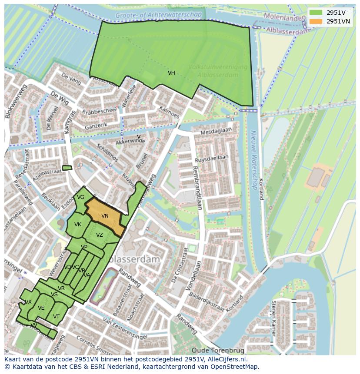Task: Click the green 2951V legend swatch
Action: [316, 13]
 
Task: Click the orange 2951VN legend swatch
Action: [316, 21]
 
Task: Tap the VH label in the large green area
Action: [171, 73]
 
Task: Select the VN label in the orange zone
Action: [105, 215]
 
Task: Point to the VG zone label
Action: [80, 197]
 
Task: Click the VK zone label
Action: [78, 225]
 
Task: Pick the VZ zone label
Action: [100, 235]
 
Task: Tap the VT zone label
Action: [56, 316]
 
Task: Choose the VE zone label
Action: [41, 308]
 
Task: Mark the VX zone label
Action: [28, 301]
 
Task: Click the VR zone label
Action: [61, 288]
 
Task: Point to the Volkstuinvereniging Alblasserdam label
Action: [218, 71]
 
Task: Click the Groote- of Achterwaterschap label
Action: [158, 15]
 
